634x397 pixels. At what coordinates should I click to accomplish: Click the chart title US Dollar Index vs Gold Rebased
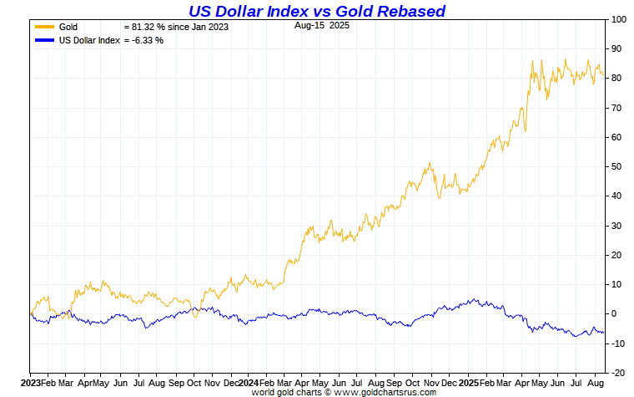pos(316,11)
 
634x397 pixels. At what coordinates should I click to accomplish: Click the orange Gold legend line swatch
pos(44,28)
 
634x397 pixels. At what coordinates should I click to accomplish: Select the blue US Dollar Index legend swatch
pos(44,40)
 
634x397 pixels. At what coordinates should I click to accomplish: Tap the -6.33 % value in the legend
pos(143,40)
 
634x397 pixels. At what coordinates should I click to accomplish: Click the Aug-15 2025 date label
pos(322,26)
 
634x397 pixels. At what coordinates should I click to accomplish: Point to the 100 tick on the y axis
pos(618,19)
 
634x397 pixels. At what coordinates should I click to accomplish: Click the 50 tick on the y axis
pos(616,166)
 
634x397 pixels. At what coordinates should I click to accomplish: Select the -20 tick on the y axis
pos(617,373)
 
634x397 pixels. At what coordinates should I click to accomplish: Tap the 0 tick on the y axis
pos(613,313)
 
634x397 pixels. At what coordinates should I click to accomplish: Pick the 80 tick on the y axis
pos(616,78)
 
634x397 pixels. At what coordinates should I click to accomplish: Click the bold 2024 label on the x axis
pos(249,381)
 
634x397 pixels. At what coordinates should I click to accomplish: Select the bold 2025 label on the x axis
pos(468,381)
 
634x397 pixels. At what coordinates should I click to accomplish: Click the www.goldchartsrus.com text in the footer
pos(385,391)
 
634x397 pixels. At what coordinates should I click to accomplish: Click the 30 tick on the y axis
pos(616,226)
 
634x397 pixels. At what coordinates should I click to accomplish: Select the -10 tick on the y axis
pos(617,344)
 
